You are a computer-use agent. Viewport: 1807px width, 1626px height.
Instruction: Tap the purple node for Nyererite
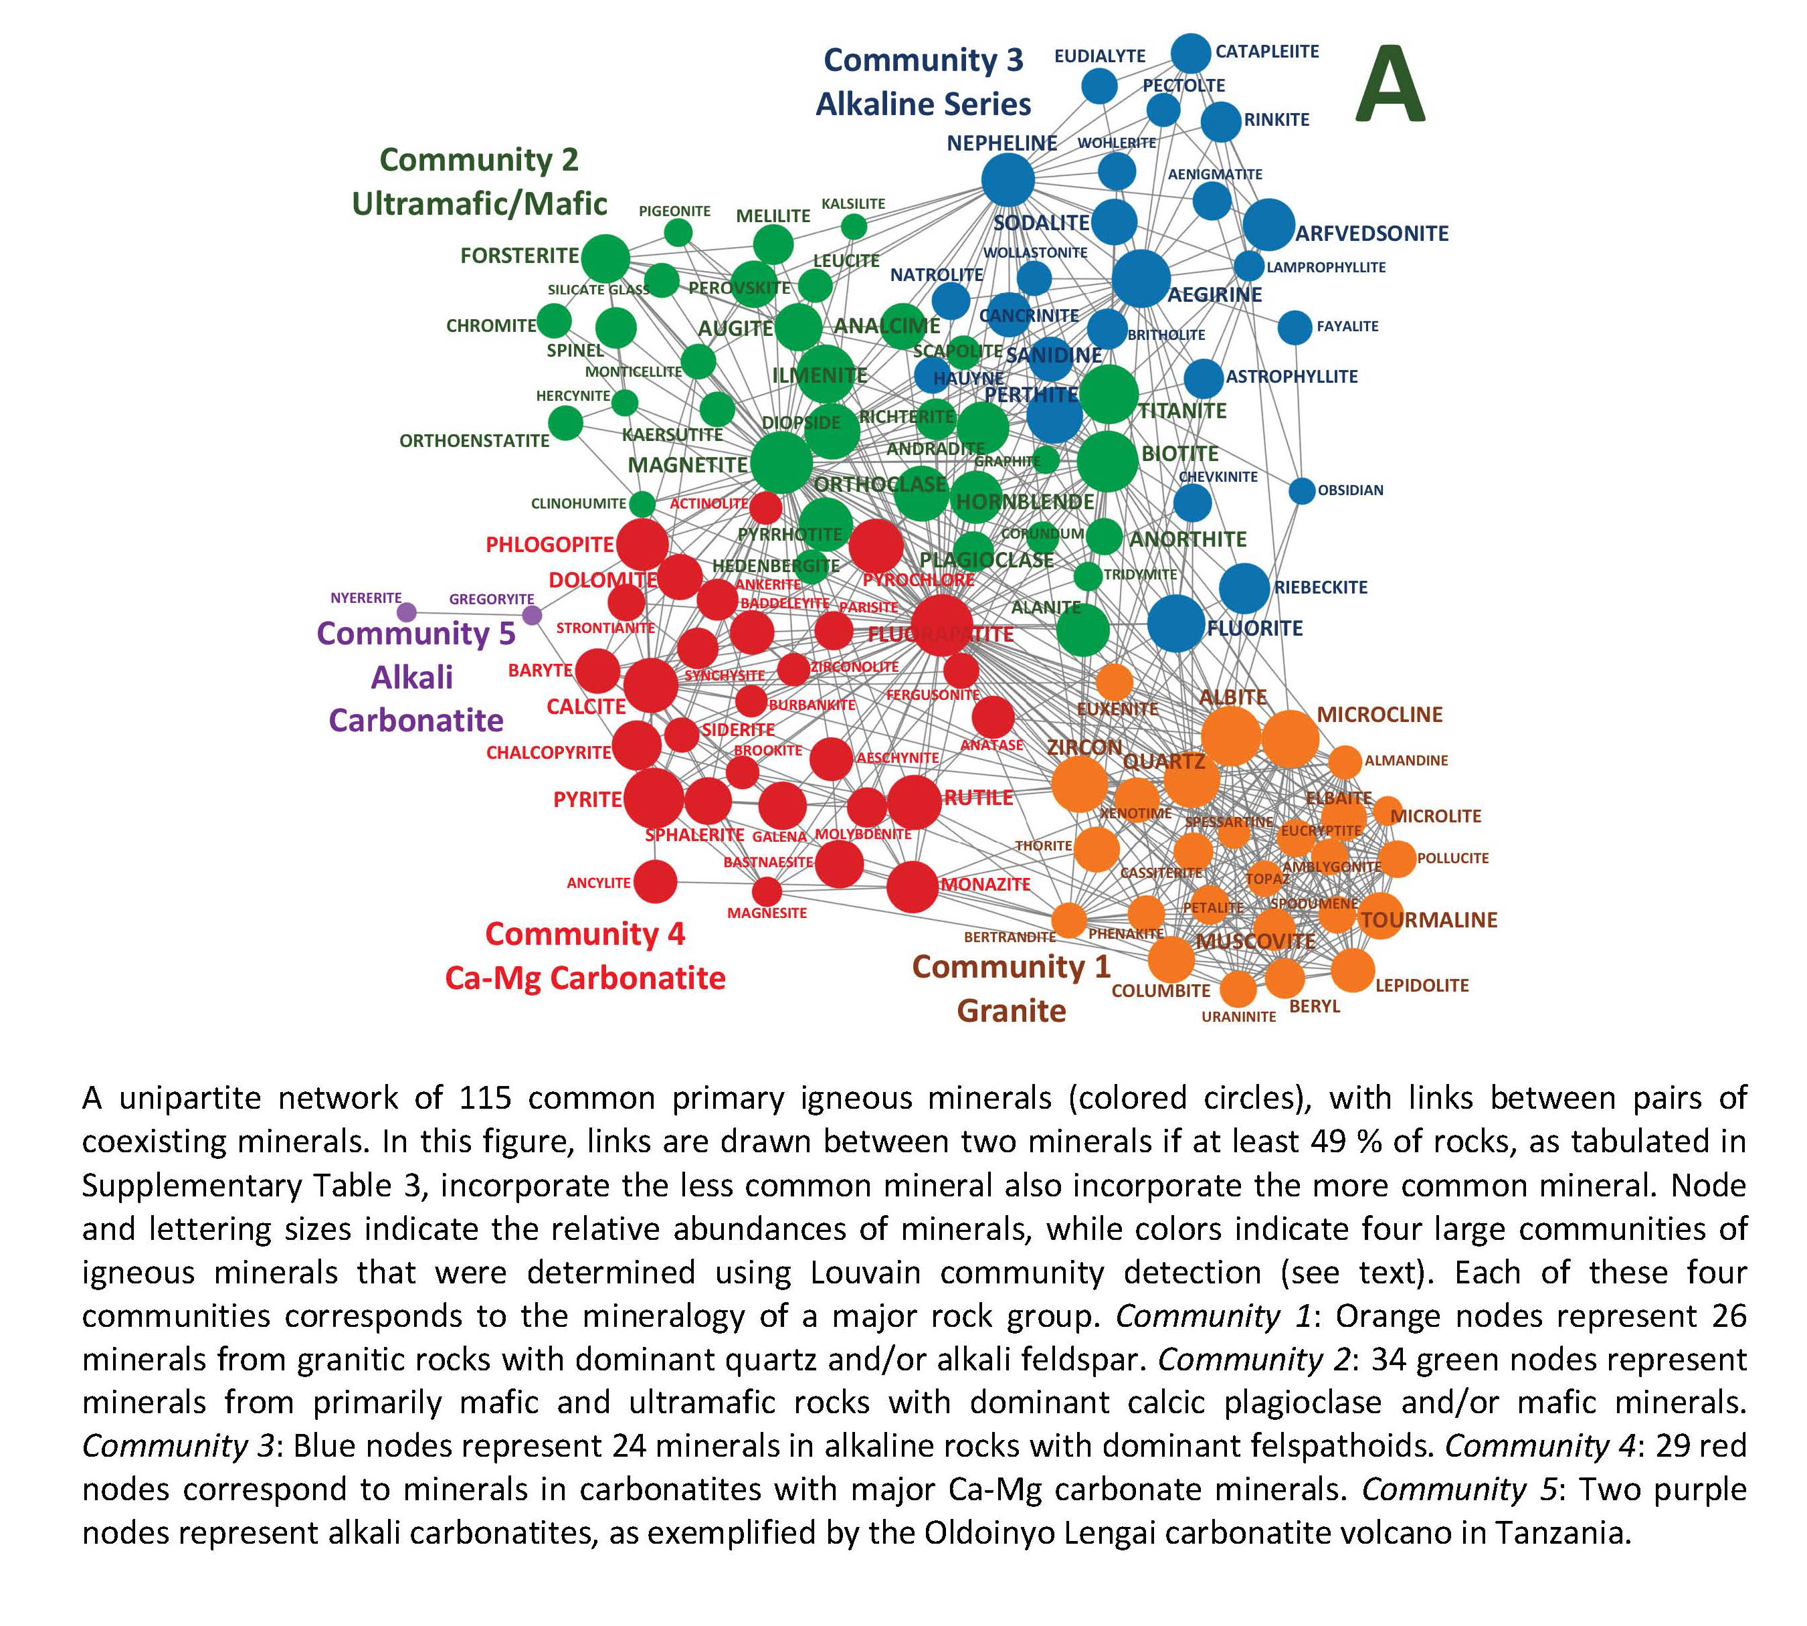tap(406, 612)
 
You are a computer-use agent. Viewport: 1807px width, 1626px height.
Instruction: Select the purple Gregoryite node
tap(531, 615)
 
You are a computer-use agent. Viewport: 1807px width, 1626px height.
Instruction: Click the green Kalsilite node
tap(854, 226)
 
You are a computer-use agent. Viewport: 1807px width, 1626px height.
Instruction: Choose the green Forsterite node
tap(605, 258)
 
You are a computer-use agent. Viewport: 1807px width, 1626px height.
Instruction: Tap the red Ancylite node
tap(656, 882)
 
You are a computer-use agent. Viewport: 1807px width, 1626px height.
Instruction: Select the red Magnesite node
tap(767, 891)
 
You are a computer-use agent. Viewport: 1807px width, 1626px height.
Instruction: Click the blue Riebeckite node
tap(1244, 589)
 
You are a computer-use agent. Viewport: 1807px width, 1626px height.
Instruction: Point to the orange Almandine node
tap(1344, 762)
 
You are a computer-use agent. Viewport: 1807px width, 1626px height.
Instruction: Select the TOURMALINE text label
tap(1428, 920)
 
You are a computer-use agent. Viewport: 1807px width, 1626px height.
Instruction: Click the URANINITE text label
tap(1238, 1016)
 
